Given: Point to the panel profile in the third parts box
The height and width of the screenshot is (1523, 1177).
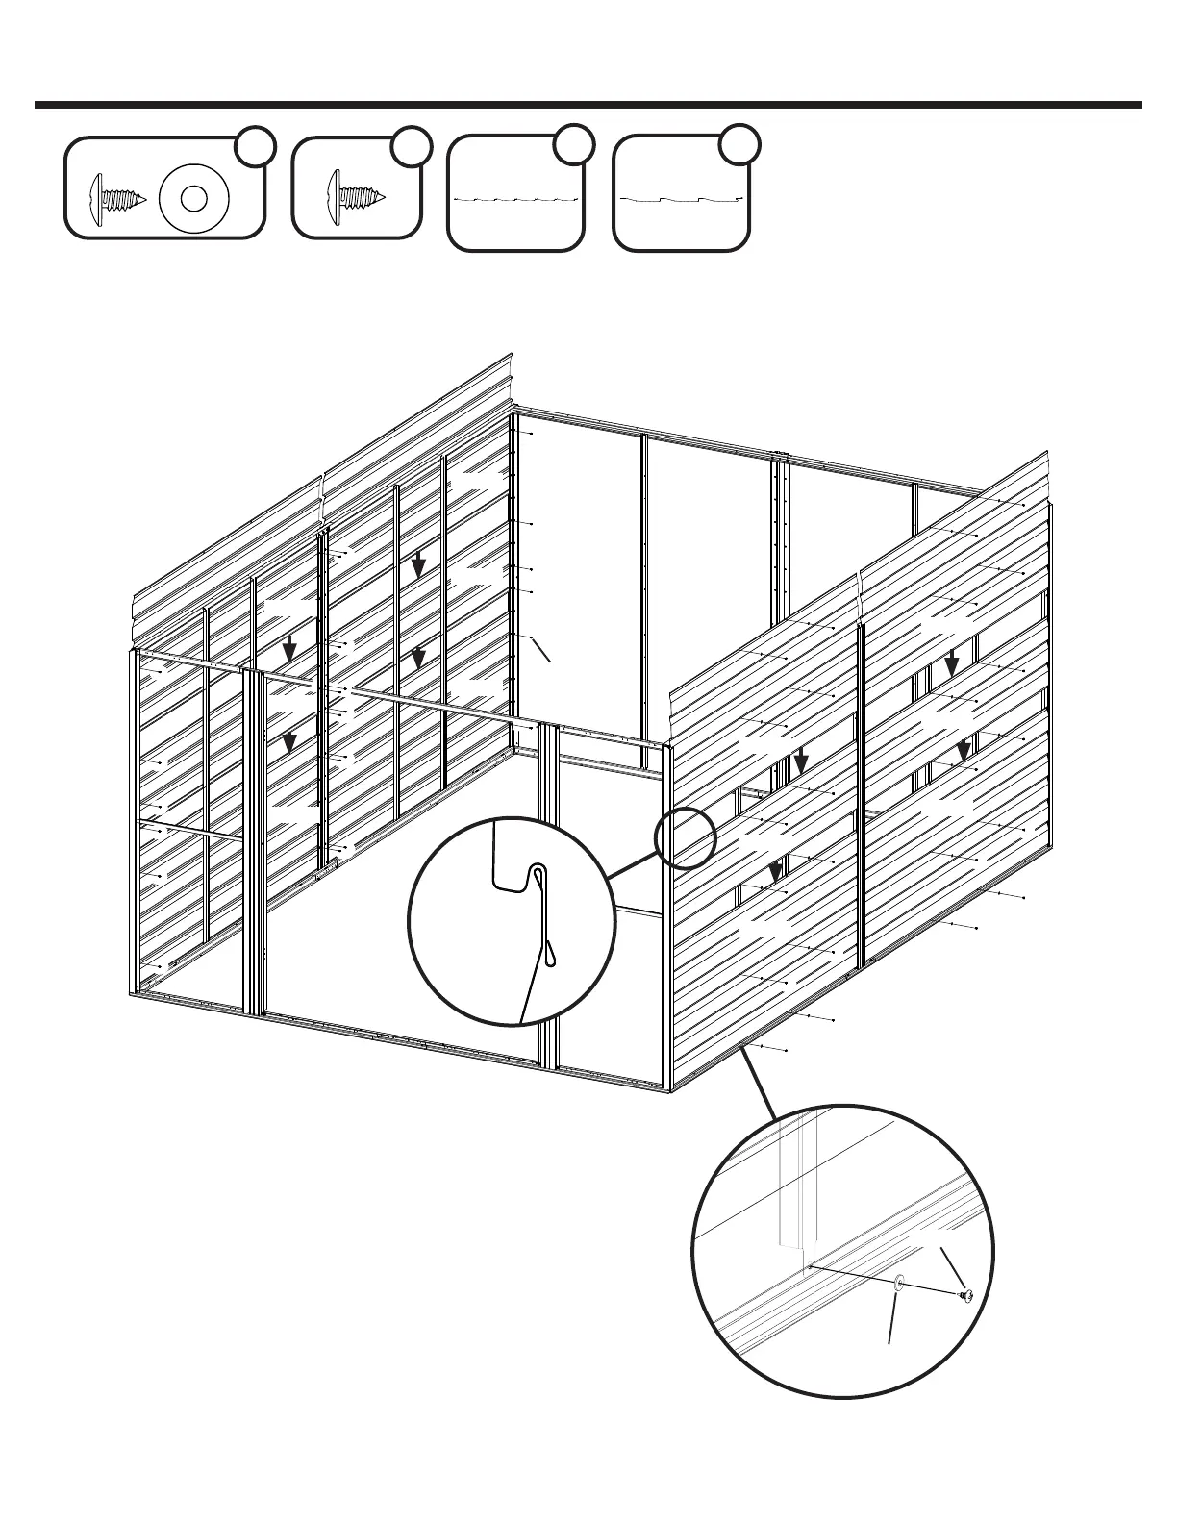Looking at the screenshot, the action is (516, 199).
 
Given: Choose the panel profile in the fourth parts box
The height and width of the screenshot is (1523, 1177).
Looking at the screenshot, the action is (682, 199).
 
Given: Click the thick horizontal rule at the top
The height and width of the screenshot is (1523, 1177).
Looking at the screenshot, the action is (588, 105).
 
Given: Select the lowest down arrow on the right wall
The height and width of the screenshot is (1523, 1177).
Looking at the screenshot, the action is (775, 872).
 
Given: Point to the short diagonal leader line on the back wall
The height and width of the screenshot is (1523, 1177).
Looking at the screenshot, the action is (541, 649).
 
